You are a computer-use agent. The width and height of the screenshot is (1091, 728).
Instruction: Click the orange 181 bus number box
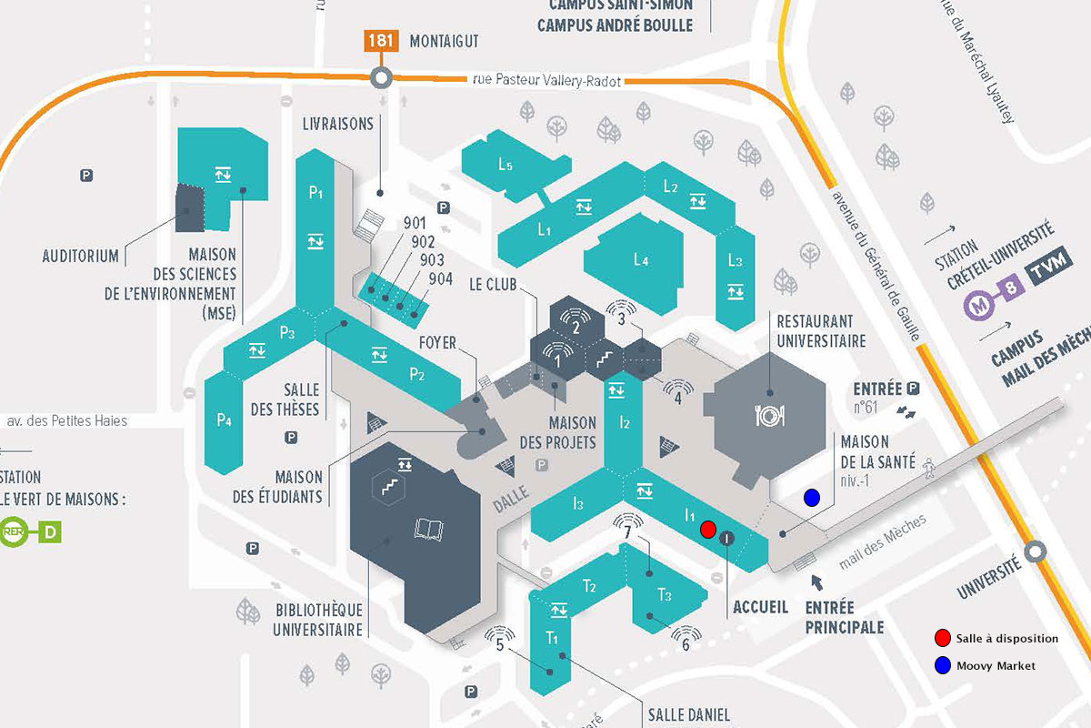[x=380, y=41]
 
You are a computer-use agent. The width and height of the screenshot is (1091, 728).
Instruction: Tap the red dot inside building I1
[x=707, y=529]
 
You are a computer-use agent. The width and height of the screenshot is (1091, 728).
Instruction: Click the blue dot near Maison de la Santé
[x=811, y=497]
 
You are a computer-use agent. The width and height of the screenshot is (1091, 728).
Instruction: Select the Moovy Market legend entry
[x=995, y=666]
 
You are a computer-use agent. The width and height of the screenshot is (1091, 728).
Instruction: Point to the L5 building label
[x=505, y=166]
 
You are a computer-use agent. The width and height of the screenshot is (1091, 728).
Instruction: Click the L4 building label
[x=641, y=261]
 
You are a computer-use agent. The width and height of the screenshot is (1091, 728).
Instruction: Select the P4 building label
[x=225, y=421]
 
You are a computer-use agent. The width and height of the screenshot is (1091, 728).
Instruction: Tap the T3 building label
[x=665, y=595]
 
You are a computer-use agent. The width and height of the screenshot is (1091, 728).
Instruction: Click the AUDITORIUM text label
[x=81, y=257]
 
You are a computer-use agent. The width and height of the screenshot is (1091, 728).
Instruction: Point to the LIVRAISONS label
[x=338, y=124]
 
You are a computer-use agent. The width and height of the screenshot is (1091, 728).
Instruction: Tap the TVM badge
[x=1042, y=271]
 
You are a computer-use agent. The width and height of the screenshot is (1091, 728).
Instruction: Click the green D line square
[x=50, y=531]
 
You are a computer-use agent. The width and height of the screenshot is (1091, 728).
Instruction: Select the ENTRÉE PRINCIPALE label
[x=844, y=617]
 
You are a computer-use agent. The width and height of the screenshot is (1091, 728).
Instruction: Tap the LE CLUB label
[x=494, y=285]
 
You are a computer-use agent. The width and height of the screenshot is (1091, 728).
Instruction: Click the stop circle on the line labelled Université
[x=1035, y=552]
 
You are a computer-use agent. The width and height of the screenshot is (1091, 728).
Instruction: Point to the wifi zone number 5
[x=499, y=647]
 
